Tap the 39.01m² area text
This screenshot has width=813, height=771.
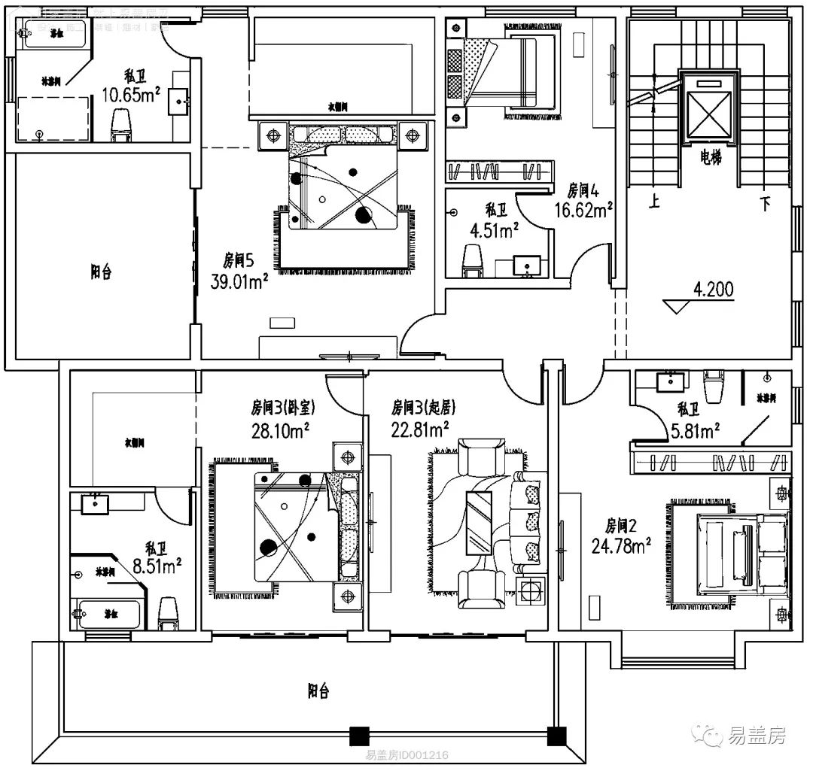pyautogui.click(x=240, y=282)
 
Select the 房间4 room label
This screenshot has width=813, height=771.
pyautogui.click(x=583, y=189)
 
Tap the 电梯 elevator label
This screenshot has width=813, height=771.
pyautogui.click(x=710, y=159)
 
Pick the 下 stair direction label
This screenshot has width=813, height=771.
pyautogui.click(x=765, y=203)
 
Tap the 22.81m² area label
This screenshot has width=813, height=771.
pyautogui.click(x=419, y=429)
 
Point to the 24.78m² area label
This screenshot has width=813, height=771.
pyautogui.click(x=621, y=545)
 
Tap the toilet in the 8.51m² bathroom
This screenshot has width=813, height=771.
pyautogui.click(x=167, y=613)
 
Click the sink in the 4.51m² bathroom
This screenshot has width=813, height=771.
pyautogui.click(x=526, y=266)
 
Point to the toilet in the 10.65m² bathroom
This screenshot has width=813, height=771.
pyautogui.click(x=120, y=125)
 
